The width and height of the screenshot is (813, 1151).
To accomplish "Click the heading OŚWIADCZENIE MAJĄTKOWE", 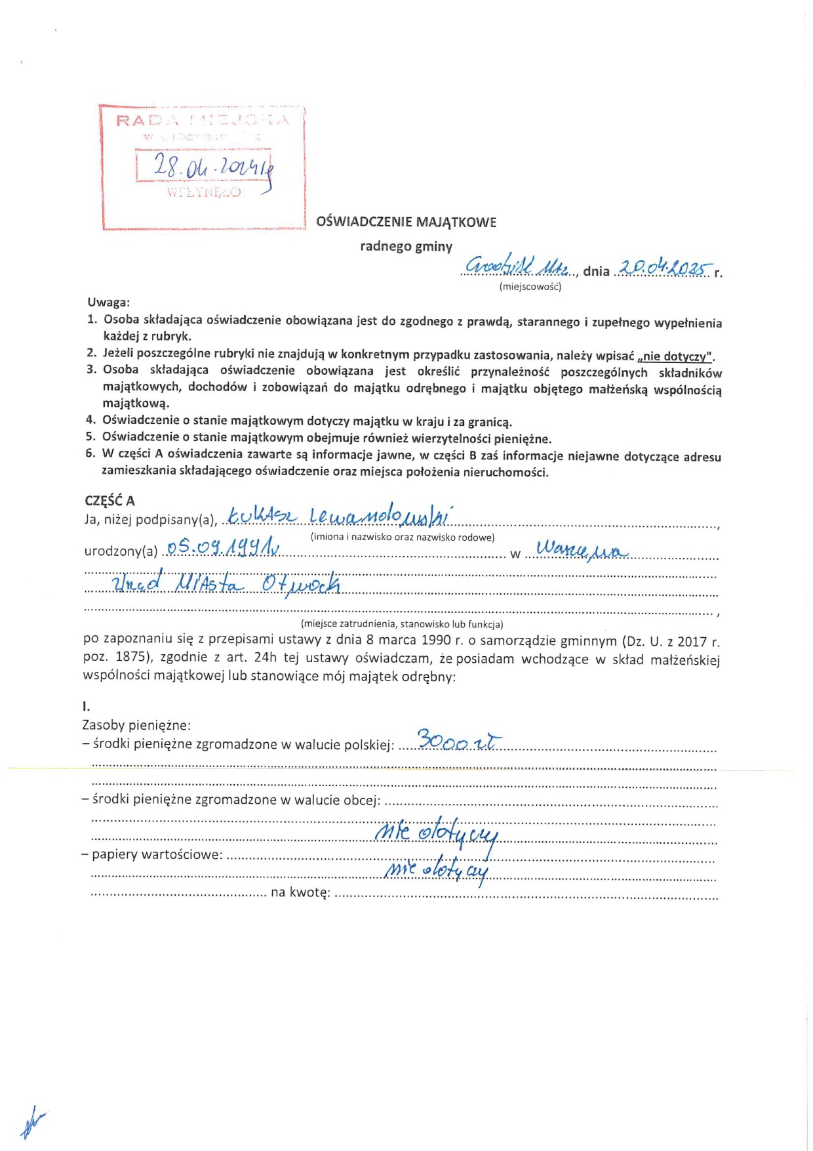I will tap(406, 222).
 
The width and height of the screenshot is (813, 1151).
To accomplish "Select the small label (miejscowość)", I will tap(530, 286).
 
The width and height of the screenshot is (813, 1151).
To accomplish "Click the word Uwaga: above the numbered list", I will tap(109, 303).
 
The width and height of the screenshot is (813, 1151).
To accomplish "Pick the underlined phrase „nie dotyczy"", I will tap(675, 356).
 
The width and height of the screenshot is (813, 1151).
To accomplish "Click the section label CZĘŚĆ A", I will tap(109, 501).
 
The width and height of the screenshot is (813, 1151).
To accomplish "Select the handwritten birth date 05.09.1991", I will tap(223, 547).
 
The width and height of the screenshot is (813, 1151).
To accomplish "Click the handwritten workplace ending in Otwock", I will tap(226, 583).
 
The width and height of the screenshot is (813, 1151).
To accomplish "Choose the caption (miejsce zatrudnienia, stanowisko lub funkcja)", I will tap(402, 624).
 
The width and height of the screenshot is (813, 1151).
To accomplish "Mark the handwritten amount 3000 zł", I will tap(459, 741).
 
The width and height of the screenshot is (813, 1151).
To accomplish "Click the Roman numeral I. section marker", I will tap(86, 707).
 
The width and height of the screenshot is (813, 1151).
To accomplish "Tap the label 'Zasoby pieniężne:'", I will tap(136, 725).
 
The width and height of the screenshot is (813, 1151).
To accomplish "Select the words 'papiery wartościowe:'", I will tap(157, 854).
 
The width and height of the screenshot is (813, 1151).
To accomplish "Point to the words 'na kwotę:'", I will tap(300, 892).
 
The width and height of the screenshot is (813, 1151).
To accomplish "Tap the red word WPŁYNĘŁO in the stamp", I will tap(204, 192).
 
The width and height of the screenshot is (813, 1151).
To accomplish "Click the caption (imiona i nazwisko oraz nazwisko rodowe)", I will tap(403, 537).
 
